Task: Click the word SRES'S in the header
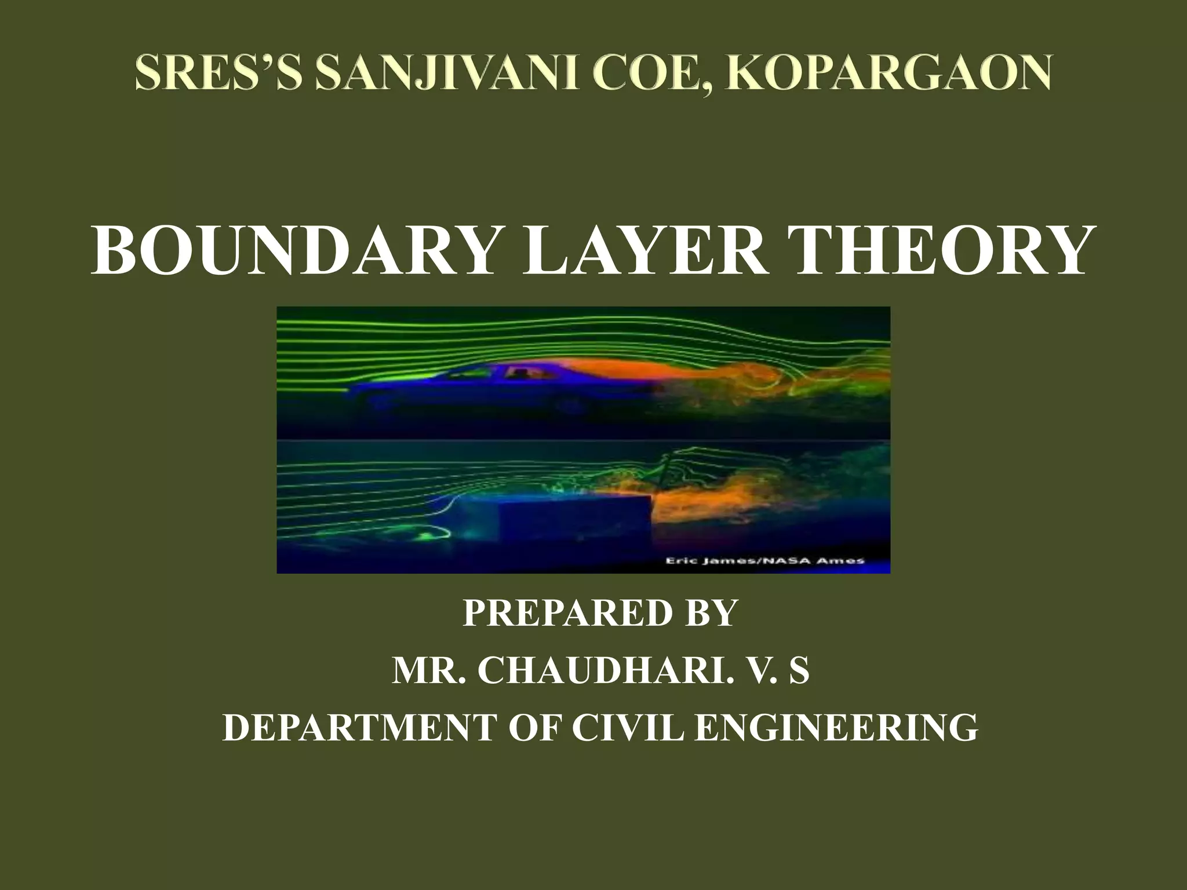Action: click(x=218, y=74)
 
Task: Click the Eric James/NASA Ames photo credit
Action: click(x=763, y=560)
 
